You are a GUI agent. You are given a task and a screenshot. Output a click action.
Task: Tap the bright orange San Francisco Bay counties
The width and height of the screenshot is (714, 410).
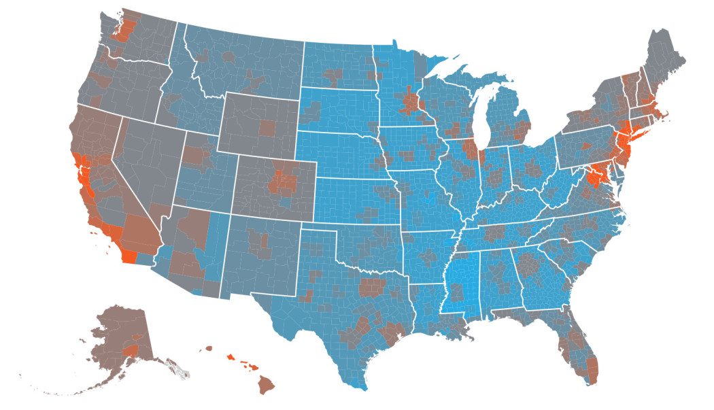(x=80, y=166)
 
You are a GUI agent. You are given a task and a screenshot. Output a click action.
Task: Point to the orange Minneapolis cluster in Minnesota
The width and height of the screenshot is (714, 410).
(x=411, y=104)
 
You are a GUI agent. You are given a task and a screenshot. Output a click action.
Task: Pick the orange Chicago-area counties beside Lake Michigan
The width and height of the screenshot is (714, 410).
(x=470, y=148)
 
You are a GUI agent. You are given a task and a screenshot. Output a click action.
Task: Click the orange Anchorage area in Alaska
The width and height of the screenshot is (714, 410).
(x=131, y=349)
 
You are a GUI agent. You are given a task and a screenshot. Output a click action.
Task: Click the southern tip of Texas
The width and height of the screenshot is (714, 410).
(x=360, y=384)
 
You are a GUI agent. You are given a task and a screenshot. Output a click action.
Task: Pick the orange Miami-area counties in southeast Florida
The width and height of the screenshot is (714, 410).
(x=592, y=371)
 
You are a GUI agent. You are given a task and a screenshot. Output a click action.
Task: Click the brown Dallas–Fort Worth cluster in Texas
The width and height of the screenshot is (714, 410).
(x=372, y=287)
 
